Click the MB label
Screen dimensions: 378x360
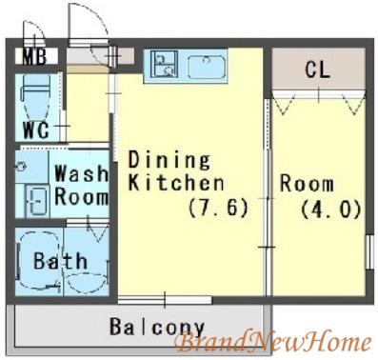coord(34,57)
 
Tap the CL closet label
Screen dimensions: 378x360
coord(318,69)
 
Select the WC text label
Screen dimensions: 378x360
coord(36,130)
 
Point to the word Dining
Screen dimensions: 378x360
coord(169,160)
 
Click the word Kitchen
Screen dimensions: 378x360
coord(176,183)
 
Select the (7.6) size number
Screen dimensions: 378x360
coord(218,208)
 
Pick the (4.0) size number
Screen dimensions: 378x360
coord(331,210)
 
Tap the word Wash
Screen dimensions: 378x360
coord(81,173)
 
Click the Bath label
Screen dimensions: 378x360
coord(60,261)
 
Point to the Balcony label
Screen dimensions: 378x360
coord(157,327)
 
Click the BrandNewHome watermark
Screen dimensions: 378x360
coord(273,342)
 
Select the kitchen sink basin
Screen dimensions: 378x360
coord(207,67)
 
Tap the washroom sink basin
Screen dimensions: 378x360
coord(37,201)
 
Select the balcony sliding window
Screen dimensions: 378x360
coord(165,300)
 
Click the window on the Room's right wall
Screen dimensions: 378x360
coord(369,252)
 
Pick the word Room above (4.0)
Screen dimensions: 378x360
coord(307,184)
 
